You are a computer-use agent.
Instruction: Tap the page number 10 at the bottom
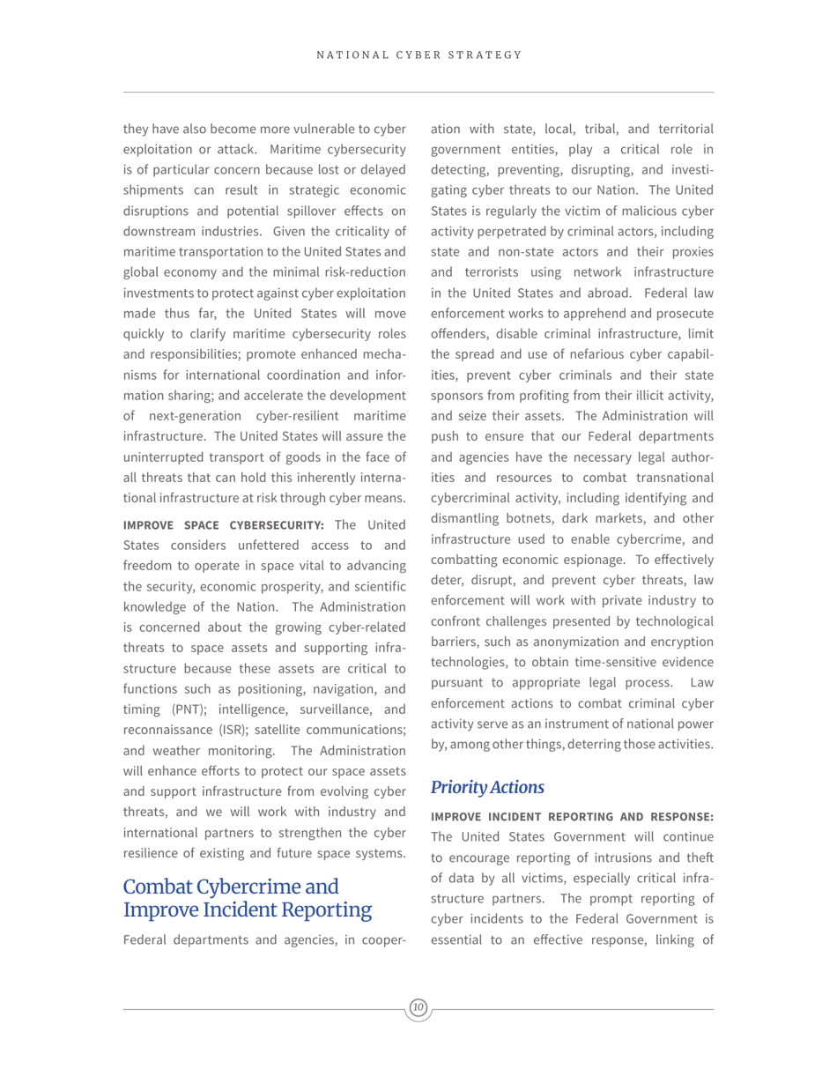pos(418,1007)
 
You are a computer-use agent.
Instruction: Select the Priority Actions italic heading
pos(487,787)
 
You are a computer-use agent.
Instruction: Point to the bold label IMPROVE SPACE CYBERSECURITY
pos(224,525)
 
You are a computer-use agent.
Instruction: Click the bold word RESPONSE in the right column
pos(676,816)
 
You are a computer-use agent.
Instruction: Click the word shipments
pos(153,190)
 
